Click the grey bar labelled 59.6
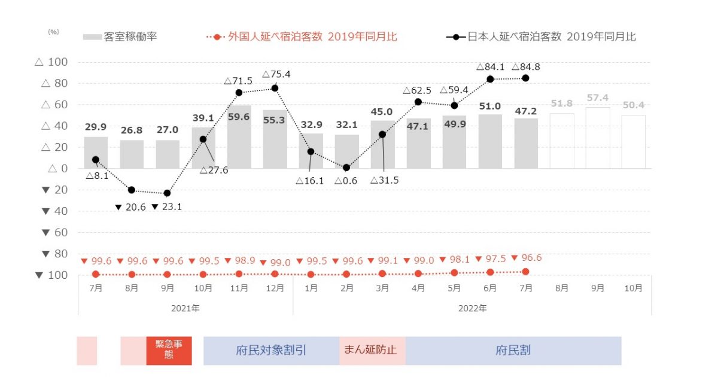[239, 138]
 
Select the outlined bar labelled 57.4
[598, 138]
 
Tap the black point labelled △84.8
[526, 78]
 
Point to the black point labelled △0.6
[346, 168]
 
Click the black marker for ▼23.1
[167, 193]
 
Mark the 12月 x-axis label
[275, 288]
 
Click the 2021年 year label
[185, 309]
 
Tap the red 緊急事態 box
[169, 351]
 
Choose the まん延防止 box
[372, 351]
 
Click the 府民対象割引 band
[271, 351]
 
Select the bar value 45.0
[382, 112]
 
